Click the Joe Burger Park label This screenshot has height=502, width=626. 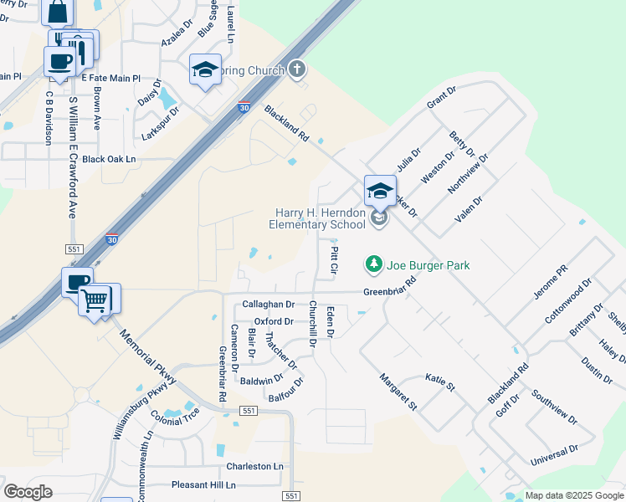point(428,265)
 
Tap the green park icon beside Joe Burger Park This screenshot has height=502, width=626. point(373,265)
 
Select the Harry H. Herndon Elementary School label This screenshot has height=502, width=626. point(317,219)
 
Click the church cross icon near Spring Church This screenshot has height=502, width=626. point(296,69)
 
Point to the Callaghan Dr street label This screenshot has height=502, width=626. point(269,305)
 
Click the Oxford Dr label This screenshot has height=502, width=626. point(275,321)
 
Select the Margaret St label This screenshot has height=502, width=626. point(398,392)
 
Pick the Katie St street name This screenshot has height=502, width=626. point(439,382)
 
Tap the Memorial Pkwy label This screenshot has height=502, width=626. point(148,356)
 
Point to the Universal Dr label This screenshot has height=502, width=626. point(554,456)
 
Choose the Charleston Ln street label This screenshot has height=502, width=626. point(255,466)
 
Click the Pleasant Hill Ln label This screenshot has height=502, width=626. point(204,484)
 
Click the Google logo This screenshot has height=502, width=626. point(28,491)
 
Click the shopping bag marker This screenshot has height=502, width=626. point(58,13)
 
